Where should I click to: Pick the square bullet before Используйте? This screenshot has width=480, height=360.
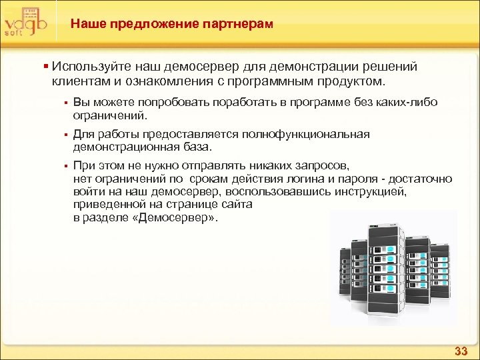pos(45,67)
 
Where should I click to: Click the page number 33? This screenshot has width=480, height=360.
pos(461,351)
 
